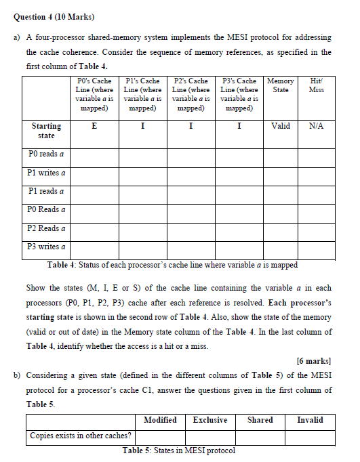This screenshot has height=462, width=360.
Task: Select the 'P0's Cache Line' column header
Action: tap(94, 94)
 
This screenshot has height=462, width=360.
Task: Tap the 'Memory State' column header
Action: tap(280, 85)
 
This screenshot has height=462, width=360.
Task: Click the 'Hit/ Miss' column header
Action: tap(315, 85)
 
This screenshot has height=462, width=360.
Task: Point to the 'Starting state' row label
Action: tap(46, 131)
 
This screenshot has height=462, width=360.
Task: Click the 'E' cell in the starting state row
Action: tap(94, 126)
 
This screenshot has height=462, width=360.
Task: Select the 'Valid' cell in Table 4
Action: tap(280, 126)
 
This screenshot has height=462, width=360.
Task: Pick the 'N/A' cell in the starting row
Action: tap(315, 126)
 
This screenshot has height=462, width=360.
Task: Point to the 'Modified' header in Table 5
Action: tap(160, 420)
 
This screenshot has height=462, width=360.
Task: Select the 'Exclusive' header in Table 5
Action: tap(209, 420)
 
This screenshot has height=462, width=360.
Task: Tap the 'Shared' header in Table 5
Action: tap(260, 420)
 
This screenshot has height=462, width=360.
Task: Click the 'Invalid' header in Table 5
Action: tap(310, 420)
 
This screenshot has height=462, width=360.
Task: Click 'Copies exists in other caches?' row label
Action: tap(81, 436)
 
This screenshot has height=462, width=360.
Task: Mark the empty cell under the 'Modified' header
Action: tap(160, 436)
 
